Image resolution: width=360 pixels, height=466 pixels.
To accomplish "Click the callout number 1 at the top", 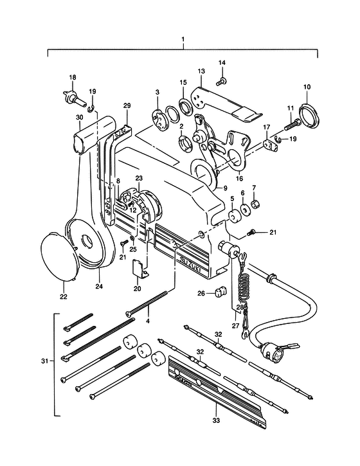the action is [x=183, y=39].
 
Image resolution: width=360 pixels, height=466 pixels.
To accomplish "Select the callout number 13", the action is [x=201, y=71].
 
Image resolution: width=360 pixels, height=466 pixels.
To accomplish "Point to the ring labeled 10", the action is [x=309, y=115].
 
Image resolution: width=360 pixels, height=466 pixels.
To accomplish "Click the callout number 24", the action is [x=99, y=286].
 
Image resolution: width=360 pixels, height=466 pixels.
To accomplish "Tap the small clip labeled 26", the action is [x=221, y=292].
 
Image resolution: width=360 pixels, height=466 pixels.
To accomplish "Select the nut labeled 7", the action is [x=255, y=204].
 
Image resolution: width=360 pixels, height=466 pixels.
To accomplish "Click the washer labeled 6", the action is [x=244, y=210].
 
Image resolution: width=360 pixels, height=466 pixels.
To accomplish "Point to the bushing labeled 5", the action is [x=233, y=217].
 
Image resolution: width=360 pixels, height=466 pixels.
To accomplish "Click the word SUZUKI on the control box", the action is [x=190, y=264].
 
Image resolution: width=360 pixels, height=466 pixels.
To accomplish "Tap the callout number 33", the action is [x=216, y=420].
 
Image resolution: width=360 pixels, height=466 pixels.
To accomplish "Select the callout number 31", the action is [x=44, y=361].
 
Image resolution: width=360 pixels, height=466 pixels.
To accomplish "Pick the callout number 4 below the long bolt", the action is [x=148, y=321].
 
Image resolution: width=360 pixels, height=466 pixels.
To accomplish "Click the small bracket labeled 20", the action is [x=139, y=269].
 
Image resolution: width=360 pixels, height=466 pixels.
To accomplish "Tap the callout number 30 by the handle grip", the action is [x=79, y=118].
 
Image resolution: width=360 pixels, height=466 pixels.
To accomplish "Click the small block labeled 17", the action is [x=271, y=145].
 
